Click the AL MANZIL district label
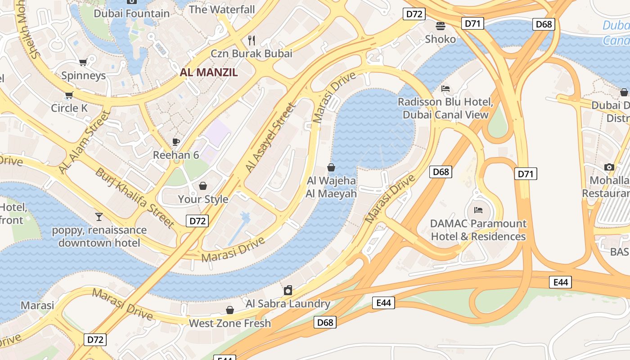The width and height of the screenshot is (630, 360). [209, 72]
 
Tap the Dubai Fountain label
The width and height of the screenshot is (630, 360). [131, 13]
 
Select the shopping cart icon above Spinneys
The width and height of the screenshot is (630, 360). [83, 62]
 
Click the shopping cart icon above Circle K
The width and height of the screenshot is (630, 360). [69, 95]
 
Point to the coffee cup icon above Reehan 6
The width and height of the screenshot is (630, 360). [176, 142]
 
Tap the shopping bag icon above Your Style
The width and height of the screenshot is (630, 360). [203, 186]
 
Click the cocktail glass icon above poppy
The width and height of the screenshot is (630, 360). [99, 217]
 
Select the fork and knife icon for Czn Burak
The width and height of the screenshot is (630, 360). [252, 40]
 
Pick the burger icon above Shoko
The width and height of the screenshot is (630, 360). [440, 26]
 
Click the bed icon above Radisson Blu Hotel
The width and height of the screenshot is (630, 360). [445, 89]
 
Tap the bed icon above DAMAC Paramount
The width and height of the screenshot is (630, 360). [478, 210]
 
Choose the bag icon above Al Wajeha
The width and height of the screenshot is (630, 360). [331, 167]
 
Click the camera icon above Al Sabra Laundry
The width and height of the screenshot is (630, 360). [288, 290]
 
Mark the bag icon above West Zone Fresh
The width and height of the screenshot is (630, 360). [230, 310]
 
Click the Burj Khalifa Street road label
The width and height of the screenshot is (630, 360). [135, 198]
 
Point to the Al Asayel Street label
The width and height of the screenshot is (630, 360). [270, 138]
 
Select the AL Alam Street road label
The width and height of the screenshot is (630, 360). [84, 142]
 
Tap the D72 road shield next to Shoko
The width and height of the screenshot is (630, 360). [414, 14]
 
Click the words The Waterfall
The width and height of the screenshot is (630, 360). [222, 9]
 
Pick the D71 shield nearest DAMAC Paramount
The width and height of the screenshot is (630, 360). [526, 174]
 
